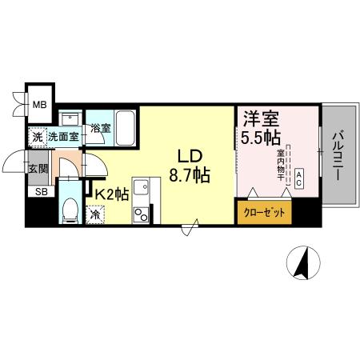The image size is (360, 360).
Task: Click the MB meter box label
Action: [x=38, y=102]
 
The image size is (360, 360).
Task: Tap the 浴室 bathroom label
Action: [x=99, y=128]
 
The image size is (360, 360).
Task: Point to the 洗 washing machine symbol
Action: [x=37, y=137]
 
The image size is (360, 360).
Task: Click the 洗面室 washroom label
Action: [x=63, y=137]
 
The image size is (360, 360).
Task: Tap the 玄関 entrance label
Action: [x=38, y=168]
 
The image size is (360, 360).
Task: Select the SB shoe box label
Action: [x=38, y=191]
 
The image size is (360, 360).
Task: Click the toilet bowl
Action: [x=69, y=210]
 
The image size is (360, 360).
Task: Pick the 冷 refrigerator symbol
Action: [x=95, y=214]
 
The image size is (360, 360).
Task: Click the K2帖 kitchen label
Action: [x=113, y=194]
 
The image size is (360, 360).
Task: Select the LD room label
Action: [x=189, y=154]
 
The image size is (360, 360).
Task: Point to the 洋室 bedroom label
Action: [x=261, y=118]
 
